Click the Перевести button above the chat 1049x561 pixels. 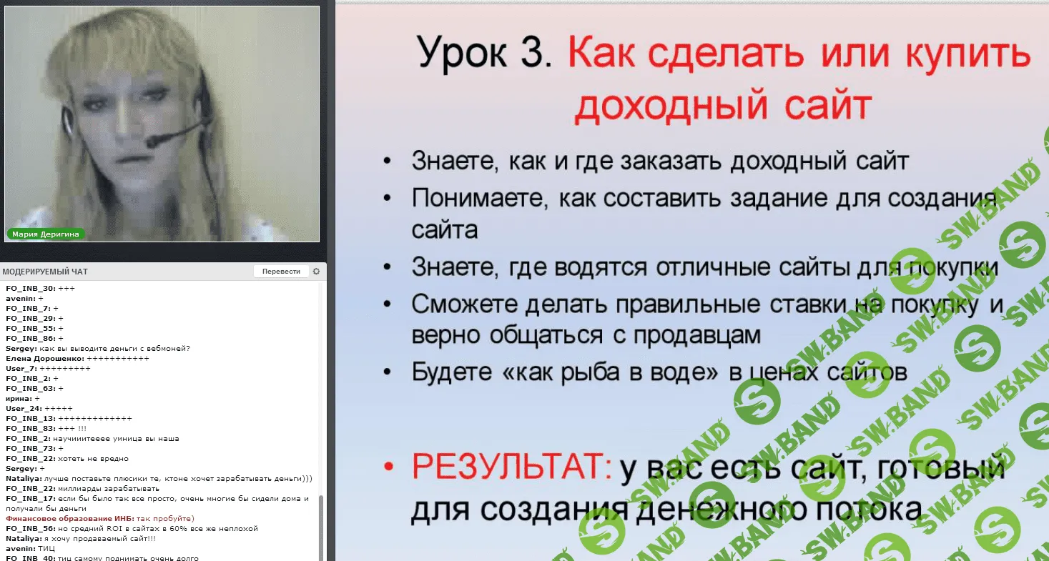[x=281, y=272]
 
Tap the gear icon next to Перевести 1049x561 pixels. [x=316, y=272]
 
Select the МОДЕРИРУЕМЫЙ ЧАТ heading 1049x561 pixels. [x=45, y=272]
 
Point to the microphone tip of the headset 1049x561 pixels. [x=152, y=143]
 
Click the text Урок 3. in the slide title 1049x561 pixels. [x=484, y=55]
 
